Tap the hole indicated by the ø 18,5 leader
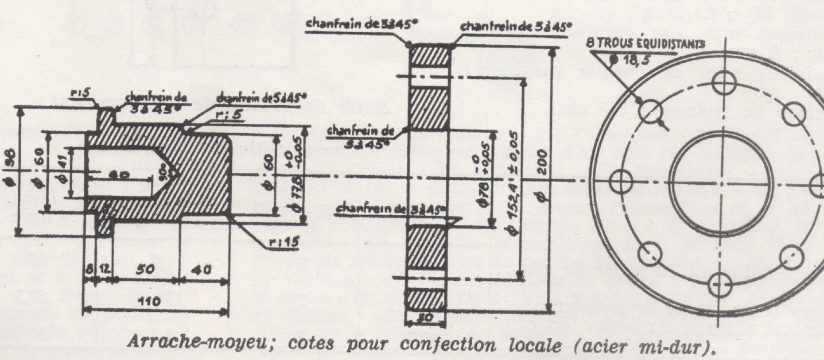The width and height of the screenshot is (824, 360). (650, 112)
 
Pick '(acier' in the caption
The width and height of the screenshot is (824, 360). (603, 346)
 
